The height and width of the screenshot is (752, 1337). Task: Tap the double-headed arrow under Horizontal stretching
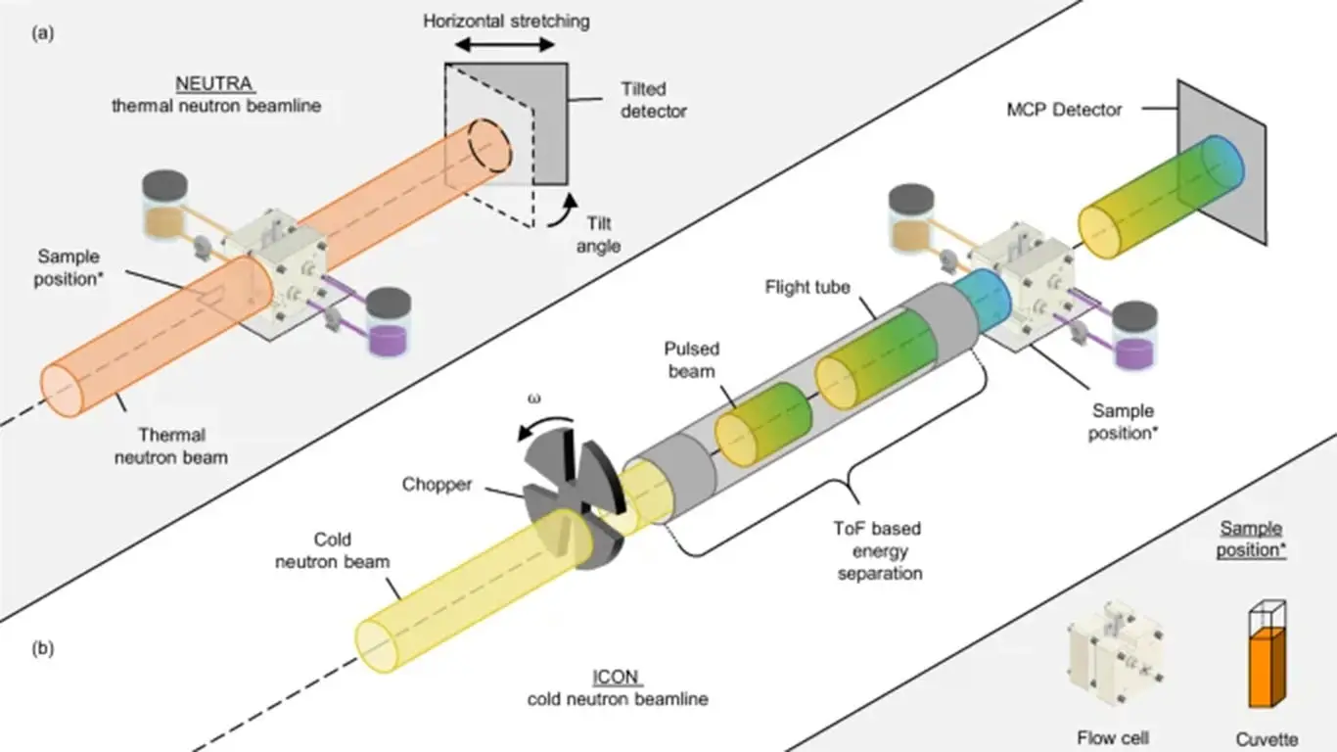[x=506, y=45]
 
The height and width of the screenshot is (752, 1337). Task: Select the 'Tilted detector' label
[x=653, y=100]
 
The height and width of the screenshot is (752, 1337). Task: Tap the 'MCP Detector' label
[x=1063, y=110]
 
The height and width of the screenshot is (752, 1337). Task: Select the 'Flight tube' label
[x=807, y=287]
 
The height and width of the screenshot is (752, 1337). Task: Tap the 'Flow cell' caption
[x=1113, y=737]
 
